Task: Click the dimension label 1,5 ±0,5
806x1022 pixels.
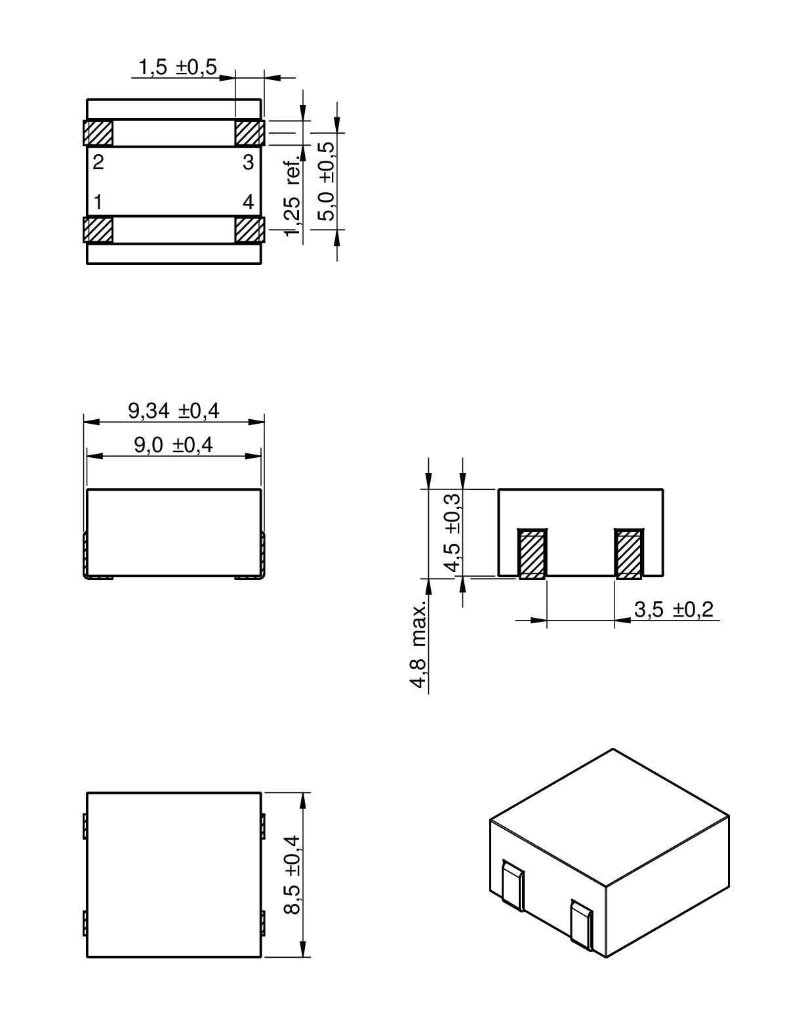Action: (176, 68)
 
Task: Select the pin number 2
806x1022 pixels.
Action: (98, 163)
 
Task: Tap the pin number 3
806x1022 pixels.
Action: (248, 163)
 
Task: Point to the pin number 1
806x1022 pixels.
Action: (98, 203)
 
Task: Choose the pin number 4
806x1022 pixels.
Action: (248, 203)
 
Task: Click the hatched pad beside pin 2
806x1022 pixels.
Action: (98, 133)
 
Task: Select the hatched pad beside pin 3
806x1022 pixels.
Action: (249, 133)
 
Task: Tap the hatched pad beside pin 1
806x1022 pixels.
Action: (98, 230)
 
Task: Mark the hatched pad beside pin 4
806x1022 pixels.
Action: (249, 230)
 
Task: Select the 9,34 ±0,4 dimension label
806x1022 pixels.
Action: (174, 411)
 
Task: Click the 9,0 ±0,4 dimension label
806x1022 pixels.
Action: (174, 445)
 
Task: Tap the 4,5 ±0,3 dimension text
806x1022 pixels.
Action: (453, 532)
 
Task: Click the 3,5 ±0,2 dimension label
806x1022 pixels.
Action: (674, 610)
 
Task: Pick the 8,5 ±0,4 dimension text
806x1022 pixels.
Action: (291, 874)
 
